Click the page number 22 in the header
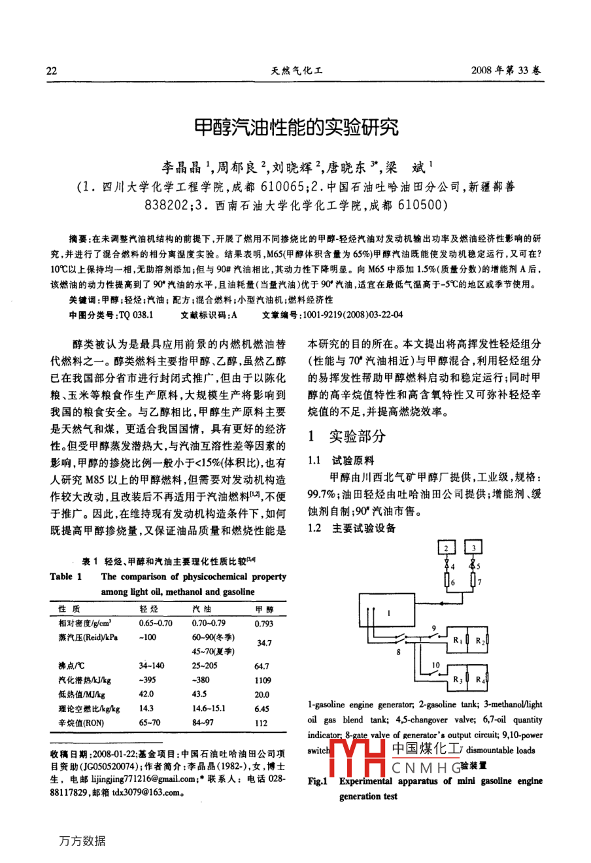coord(52,72)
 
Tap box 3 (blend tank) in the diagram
coord(473,547)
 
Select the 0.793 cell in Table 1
coord(263,624)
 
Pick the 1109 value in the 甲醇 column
coord(262,681)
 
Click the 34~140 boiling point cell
coord(151,666)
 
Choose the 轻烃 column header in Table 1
coord(149,609)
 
